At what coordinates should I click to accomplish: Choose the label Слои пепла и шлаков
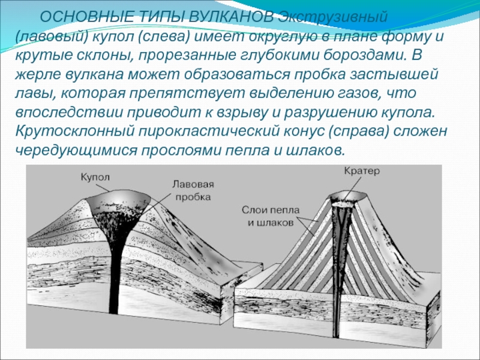coord(270,216)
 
